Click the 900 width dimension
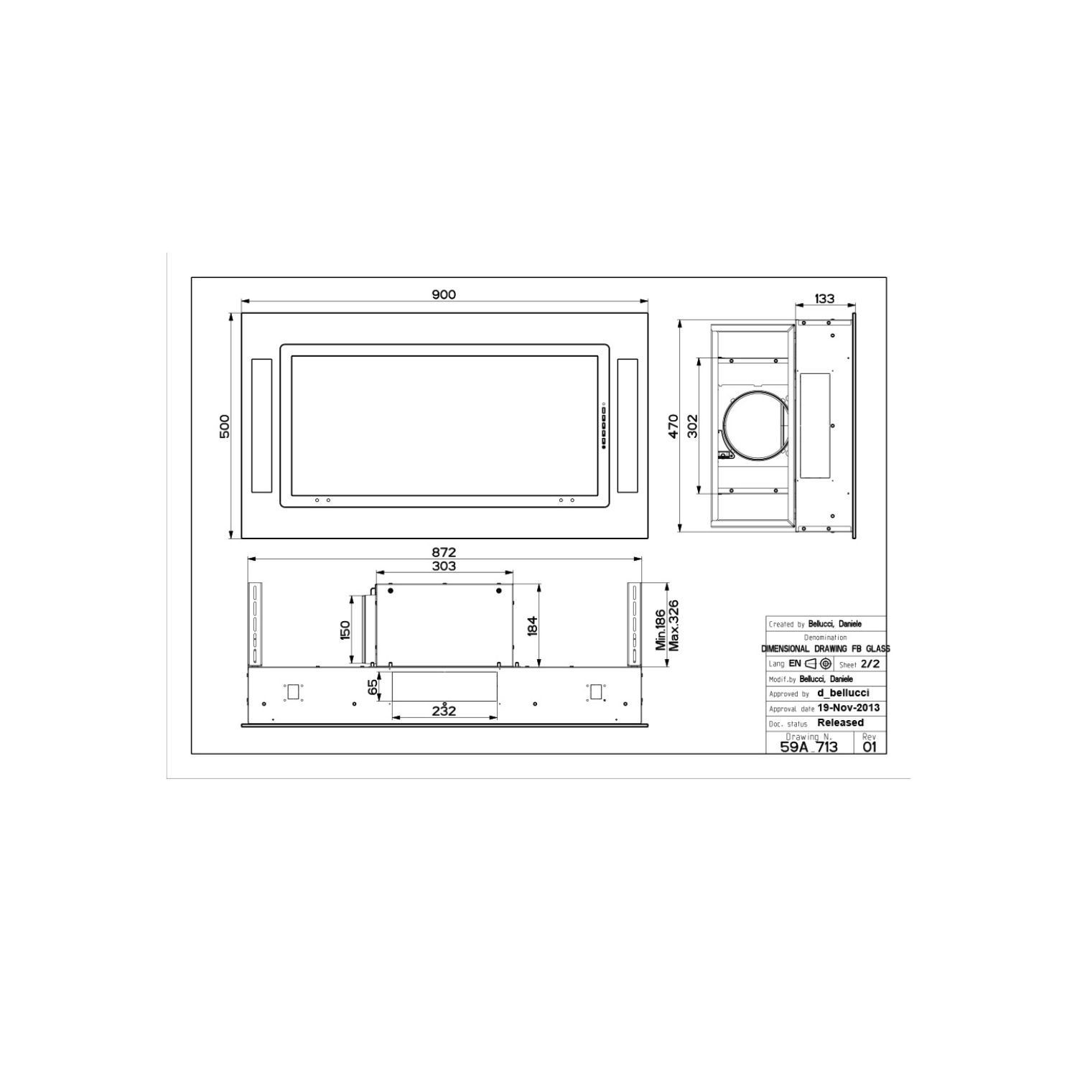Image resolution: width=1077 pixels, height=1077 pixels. click(444, 294)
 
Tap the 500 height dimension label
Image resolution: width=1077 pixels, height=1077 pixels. click(225, 426)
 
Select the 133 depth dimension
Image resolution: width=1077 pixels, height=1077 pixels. click(825, 299)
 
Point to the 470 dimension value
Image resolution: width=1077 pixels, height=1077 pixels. click(673, 426)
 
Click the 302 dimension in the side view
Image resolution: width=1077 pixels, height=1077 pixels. click(693, 426)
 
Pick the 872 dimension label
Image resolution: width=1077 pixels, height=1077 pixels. click(444, 552)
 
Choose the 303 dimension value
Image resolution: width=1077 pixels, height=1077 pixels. click(444, 566)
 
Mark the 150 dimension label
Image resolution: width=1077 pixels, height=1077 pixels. click(345, 630)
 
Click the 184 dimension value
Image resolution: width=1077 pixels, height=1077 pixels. click(532, 625)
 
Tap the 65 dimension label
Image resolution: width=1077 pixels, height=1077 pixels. click(373, 687)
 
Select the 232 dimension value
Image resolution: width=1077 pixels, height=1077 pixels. click(444, 711)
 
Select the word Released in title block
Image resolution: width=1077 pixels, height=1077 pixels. click(840, 723)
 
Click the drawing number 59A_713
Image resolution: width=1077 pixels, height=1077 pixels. click(808, 747)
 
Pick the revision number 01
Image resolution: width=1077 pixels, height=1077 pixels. click(869, 747)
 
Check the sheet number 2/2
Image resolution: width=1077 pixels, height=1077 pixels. click(869, 664)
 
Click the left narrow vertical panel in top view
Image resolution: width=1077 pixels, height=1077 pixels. click(262, 426)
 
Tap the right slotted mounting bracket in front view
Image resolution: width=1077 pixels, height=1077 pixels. click(633, 623)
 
